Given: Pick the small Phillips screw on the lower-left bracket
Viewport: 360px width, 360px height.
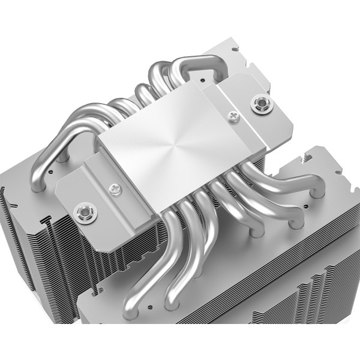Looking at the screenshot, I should tap(112, 191).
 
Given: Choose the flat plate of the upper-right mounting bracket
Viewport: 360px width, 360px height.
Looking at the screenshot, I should tap(240, 105).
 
